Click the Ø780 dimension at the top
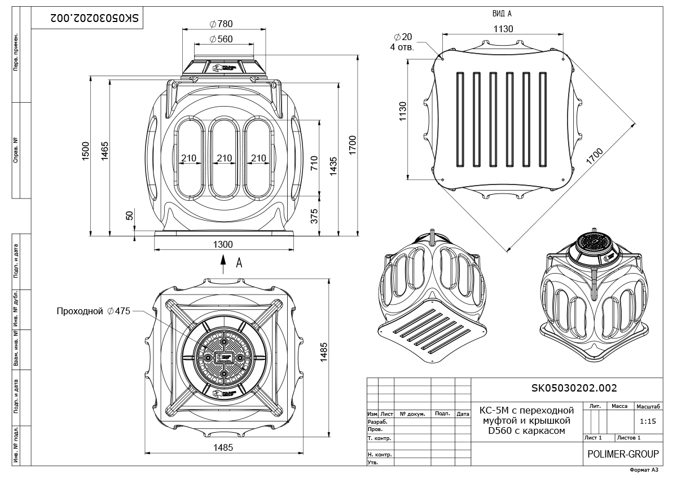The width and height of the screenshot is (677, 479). pyautogui.click(x=221, y=24)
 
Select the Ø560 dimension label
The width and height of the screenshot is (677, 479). pyautogui.click(x=221, y=39)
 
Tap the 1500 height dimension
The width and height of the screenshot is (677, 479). pyautogui.click(x=86, y=151)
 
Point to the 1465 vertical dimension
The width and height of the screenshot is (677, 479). pyautogui.click(x=105, y=151)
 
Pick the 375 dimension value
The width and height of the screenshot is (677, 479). pyautogui.click(x=315, y=216)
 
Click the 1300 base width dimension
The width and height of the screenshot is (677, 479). pyautogui.click(x=223, y=244)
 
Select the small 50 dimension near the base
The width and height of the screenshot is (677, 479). pyautogui.click(x=129, y=215)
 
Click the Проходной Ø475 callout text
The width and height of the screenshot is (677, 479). pyautogui.click(x=93, y=311)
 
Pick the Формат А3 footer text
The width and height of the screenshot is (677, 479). pyautogui.click(x=644, y=469)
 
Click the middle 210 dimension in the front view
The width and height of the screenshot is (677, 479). pyautogui.click(x=225, y=158)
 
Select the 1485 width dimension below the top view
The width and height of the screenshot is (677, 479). pyautogui.click(x=223, y=447)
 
